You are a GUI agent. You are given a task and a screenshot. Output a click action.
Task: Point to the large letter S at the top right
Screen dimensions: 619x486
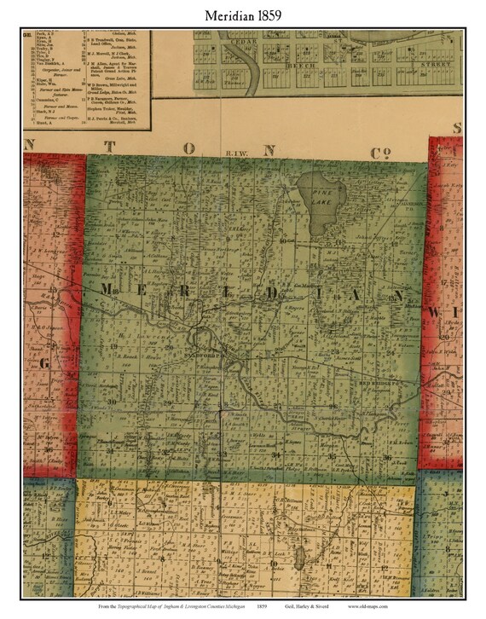[457, 129]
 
